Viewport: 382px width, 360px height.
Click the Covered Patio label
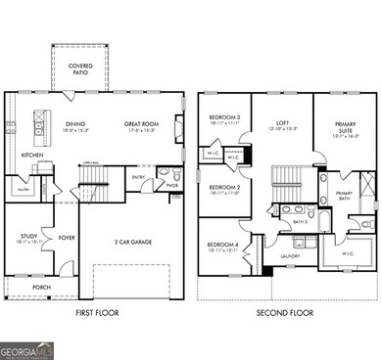(80, 68)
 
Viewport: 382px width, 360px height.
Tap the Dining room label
(74, 124)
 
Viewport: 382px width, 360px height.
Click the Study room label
(28, 236)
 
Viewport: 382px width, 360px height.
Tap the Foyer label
(66, 236)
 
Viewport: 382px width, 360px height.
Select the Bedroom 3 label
(224, 117)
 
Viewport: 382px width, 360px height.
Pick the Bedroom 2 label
(224, 187)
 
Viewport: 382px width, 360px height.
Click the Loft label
(282, 123)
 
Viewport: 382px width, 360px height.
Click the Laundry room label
(290, 256)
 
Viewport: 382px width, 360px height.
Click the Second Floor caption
(287, 313)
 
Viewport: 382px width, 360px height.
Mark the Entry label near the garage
(138, 176)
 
